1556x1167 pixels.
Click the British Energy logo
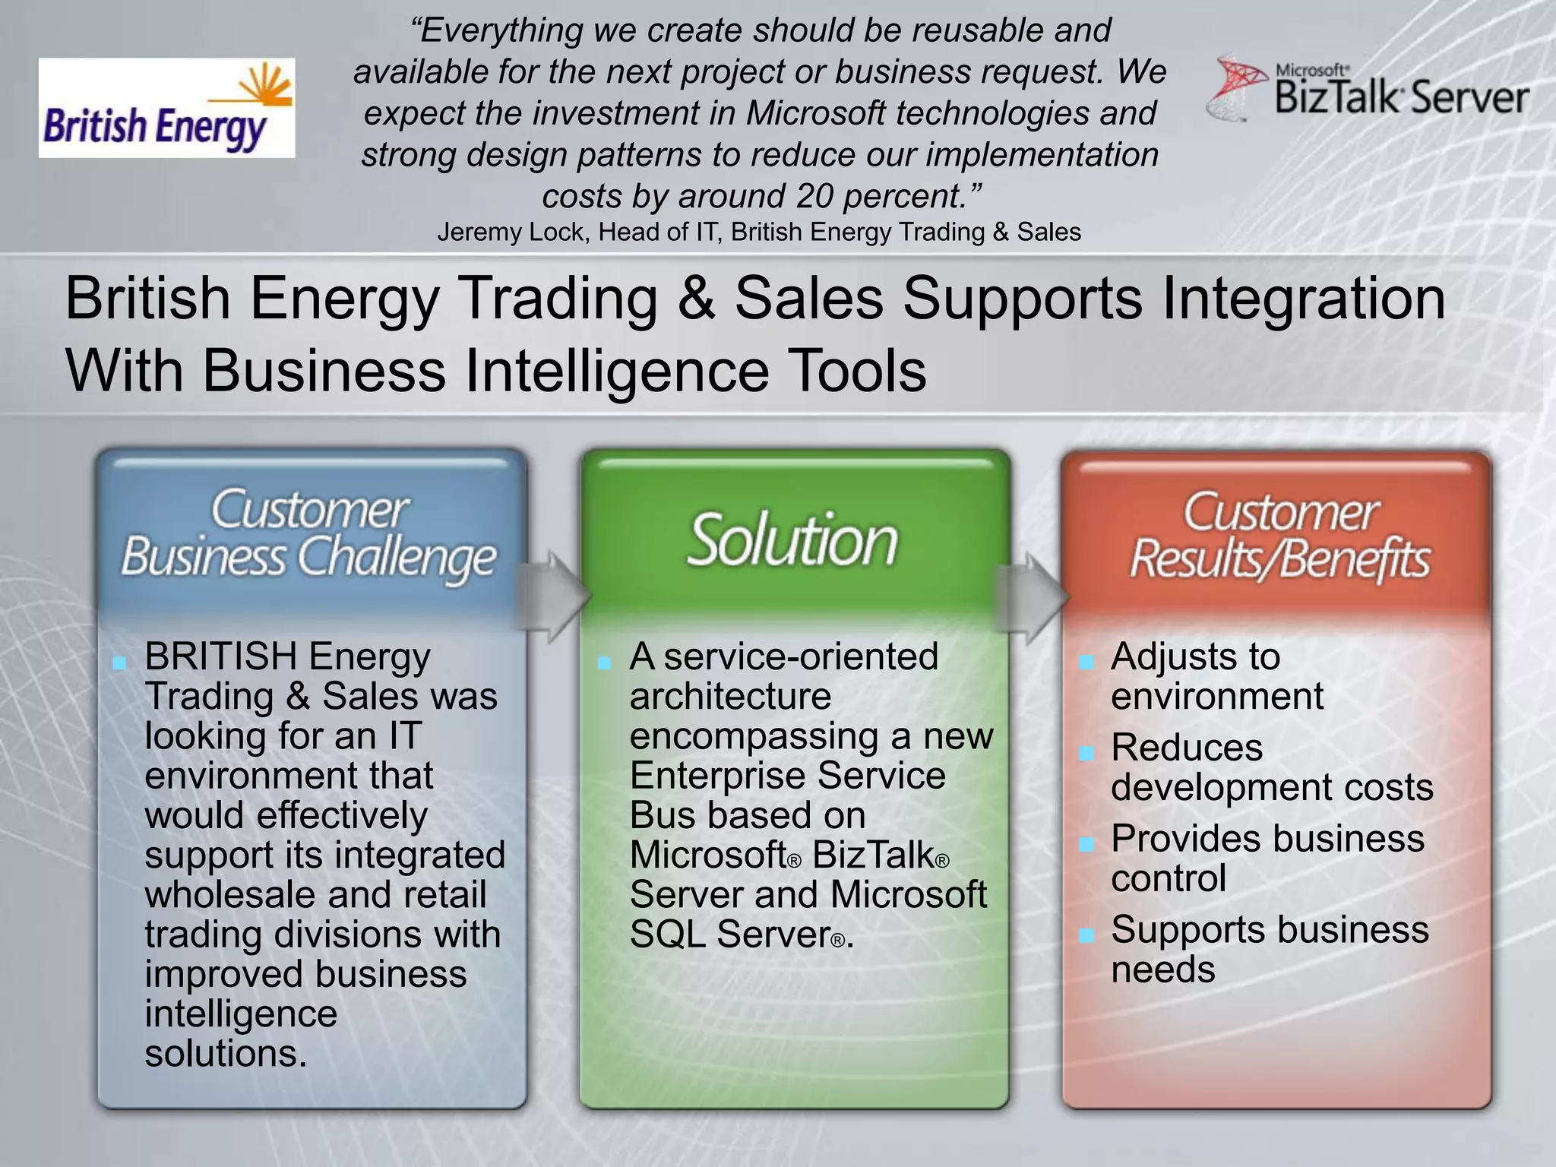[x=166, y=108]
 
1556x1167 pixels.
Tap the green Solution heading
[x=792, y=540]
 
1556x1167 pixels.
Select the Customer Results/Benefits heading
[x=1279, y=536]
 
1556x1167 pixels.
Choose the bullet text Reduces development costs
[x=1271, y=767]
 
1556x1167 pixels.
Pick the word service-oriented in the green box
[x=801, y=656]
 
